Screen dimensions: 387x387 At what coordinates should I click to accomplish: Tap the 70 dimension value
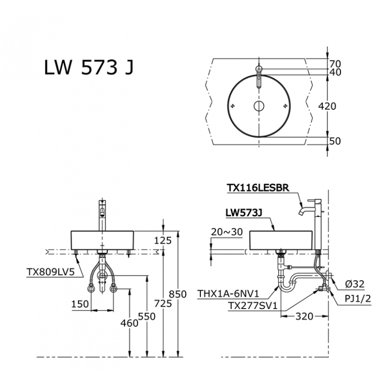click(335, 64)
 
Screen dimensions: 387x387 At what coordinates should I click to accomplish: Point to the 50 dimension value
click(335, 141)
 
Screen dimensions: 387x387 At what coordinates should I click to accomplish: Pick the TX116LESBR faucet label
click(258, 187)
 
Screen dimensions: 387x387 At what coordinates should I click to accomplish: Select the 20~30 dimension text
click(227, 232)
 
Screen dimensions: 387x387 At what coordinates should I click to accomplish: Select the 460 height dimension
click(129, 323)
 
